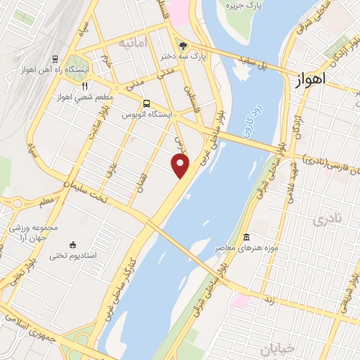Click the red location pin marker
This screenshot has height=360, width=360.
(x=181, y=167)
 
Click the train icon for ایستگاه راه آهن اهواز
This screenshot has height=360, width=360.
(x=55, y=59)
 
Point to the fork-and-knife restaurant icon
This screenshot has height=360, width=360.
(x=84, y=86)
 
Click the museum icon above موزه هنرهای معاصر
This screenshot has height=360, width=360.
(x=245, y=238)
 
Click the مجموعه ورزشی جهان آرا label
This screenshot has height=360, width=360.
(x=34, y=232)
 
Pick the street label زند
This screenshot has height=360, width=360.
(x=268, y=301)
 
